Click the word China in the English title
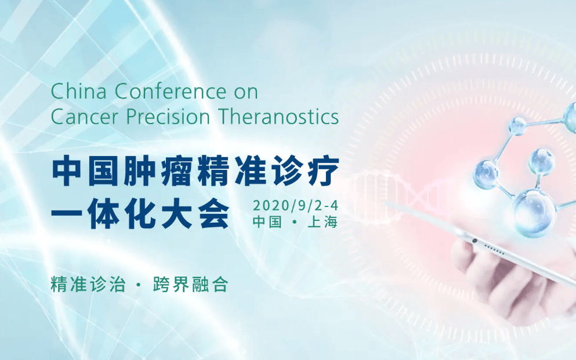[x=79, y=91]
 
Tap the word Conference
[x=171, y=91]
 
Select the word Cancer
[x=85, y=117]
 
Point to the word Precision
[x=168, y=117]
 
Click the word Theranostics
[x=278, y=117]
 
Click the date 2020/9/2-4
[x=295, y=205]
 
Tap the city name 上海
[x=323, y=222]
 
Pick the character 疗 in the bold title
[x=323, y=170]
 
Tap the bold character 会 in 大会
[x=214, y=213]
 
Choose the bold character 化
[x=140, y=213]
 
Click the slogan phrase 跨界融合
[x=191, y=285]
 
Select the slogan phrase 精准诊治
[x=88, y=285]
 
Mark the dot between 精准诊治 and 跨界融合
[x=139, y=285]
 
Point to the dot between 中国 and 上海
[x=294, y=222]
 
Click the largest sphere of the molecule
[x=534, y=212]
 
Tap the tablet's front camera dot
[x=474, y=241]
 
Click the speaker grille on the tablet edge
[x=494, y=249]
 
